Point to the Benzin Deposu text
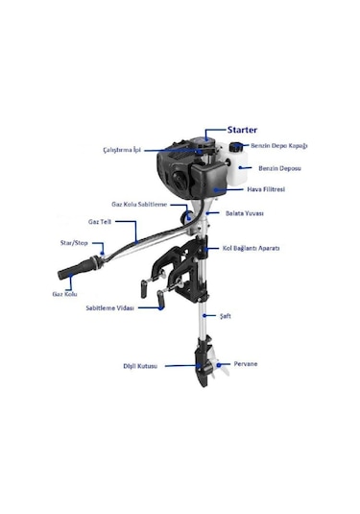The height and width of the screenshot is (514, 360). [x=279, y=167]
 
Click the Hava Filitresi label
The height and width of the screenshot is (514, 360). [x=268, y=190]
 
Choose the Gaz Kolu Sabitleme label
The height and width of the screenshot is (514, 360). [x=139, y=205]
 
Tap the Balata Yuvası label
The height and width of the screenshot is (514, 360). [x=246, y=213]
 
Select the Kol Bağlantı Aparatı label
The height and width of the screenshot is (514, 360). [x=252, y=248]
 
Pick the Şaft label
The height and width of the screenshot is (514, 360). [x=226, y=315]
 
